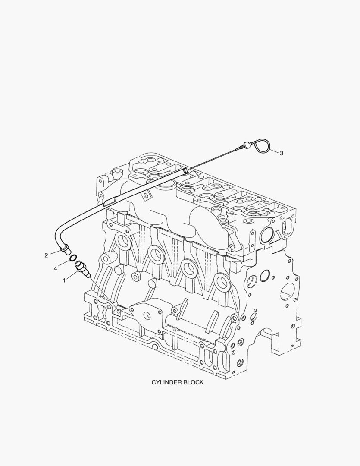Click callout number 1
click(64, 280)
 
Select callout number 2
click(46, 255)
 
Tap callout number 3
click(281, 153)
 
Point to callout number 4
click(55, 269)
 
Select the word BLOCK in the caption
click(194, 382)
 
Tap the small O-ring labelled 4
click(73, 258)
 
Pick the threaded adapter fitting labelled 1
click(82, 269)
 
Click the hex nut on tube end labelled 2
click(66, 249)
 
